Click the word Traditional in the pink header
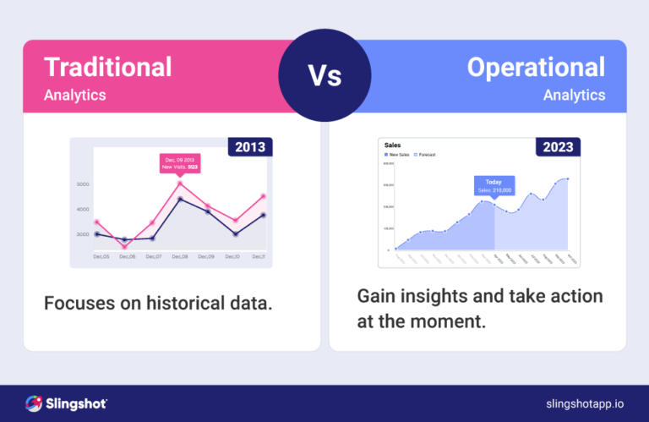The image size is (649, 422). pos(107,67)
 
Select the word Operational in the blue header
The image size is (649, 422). pos(536,67)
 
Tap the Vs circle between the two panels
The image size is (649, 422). pos(324,77)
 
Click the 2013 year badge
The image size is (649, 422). pos(249,147)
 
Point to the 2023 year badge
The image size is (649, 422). pos(558,147)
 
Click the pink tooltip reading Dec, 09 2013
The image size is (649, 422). pos(180,163)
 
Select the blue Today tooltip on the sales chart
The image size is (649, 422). pos(494,185)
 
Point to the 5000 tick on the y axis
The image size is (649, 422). pos(83,184)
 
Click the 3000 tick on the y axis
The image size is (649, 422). pos(83,234)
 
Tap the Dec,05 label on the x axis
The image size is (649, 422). pos(101,256)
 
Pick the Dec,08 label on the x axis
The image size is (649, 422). pos(180,256)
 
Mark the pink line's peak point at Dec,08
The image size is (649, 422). pos(179,183)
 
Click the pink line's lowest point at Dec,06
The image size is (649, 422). pos(125,247)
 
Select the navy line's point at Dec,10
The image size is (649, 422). pos(237,233)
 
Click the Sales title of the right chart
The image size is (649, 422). pos(392,145)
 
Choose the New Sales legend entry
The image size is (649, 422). pos(399,155)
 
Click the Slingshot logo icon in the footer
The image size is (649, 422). pos(35,403)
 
